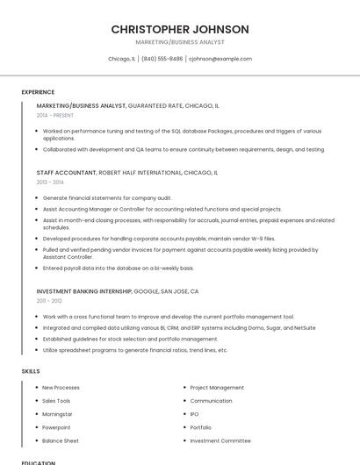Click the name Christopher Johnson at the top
180,29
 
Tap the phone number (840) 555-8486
162,59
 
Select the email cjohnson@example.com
220,59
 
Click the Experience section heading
38,92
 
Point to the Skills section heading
31,371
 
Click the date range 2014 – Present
55,115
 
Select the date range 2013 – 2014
50,182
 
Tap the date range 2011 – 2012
49,301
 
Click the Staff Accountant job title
67,173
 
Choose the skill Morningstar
57,414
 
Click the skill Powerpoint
56,427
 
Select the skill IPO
194,414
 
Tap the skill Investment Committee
220,440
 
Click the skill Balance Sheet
60,440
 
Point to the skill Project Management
217,387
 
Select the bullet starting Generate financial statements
107,198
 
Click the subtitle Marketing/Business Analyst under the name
180,42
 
